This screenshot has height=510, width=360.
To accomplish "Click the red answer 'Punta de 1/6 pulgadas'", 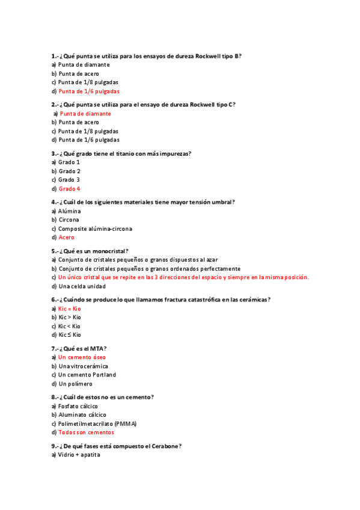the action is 89,91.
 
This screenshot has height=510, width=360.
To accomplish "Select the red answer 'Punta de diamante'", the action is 85,114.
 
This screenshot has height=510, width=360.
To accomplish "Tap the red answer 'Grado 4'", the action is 69,189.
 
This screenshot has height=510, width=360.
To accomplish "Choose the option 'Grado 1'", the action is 69,162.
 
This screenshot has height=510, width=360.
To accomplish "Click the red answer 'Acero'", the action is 67,238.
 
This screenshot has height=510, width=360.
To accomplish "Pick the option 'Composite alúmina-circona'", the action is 95,229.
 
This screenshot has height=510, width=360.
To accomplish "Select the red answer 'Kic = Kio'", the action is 69,309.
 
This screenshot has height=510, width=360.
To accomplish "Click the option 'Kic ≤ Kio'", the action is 69,334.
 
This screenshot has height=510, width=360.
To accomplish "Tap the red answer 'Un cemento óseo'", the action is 82,357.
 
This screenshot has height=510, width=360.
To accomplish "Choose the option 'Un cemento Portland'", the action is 87,375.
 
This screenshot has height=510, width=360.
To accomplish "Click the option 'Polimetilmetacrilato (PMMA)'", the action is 97,423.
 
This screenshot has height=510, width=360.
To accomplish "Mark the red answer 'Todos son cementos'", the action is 86,432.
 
